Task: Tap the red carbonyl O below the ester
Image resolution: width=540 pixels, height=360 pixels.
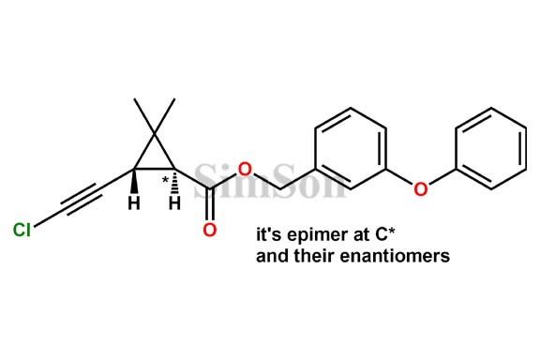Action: click(x=209, y=230)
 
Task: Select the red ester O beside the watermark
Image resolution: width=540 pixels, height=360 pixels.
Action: click(x=244, y=170)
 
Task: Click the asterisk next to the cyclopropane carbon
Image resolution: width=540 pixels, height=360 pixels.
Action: click(x=165, y=179)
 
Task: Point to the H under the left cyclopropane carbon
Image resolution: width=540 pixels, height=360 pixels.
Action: click(x=134, y=202)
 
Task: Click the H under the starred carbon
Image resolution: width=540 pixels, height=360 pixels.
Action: click(x=174, y=202)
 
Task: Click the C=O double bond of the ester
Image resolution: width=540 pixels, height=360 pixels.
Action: click(x=210, y=207)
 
